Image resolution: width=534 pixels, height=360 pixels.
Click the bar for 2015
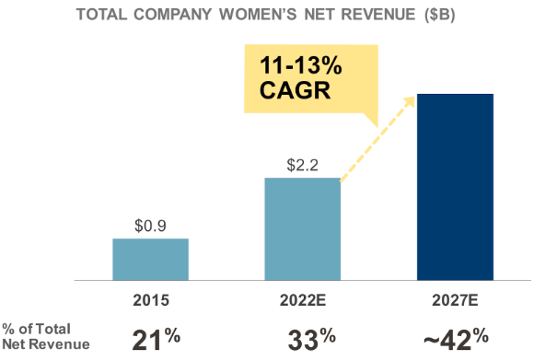coord(150,259)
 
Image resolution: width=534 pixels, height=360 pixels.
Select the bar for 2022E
coord(302,228)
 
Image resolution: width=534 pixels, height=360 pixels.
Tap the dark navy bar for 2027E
coord(455,186)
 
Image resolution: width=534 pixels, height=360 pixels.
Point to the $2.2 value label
coord(302,165)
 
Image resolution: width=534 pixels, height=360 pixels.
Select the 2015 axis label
coord(150,300)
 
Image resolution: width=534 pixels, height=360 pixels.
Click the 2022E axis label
coord(302,300)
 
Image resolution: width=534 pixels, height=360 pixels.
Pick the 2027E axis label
coord(455,300)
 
